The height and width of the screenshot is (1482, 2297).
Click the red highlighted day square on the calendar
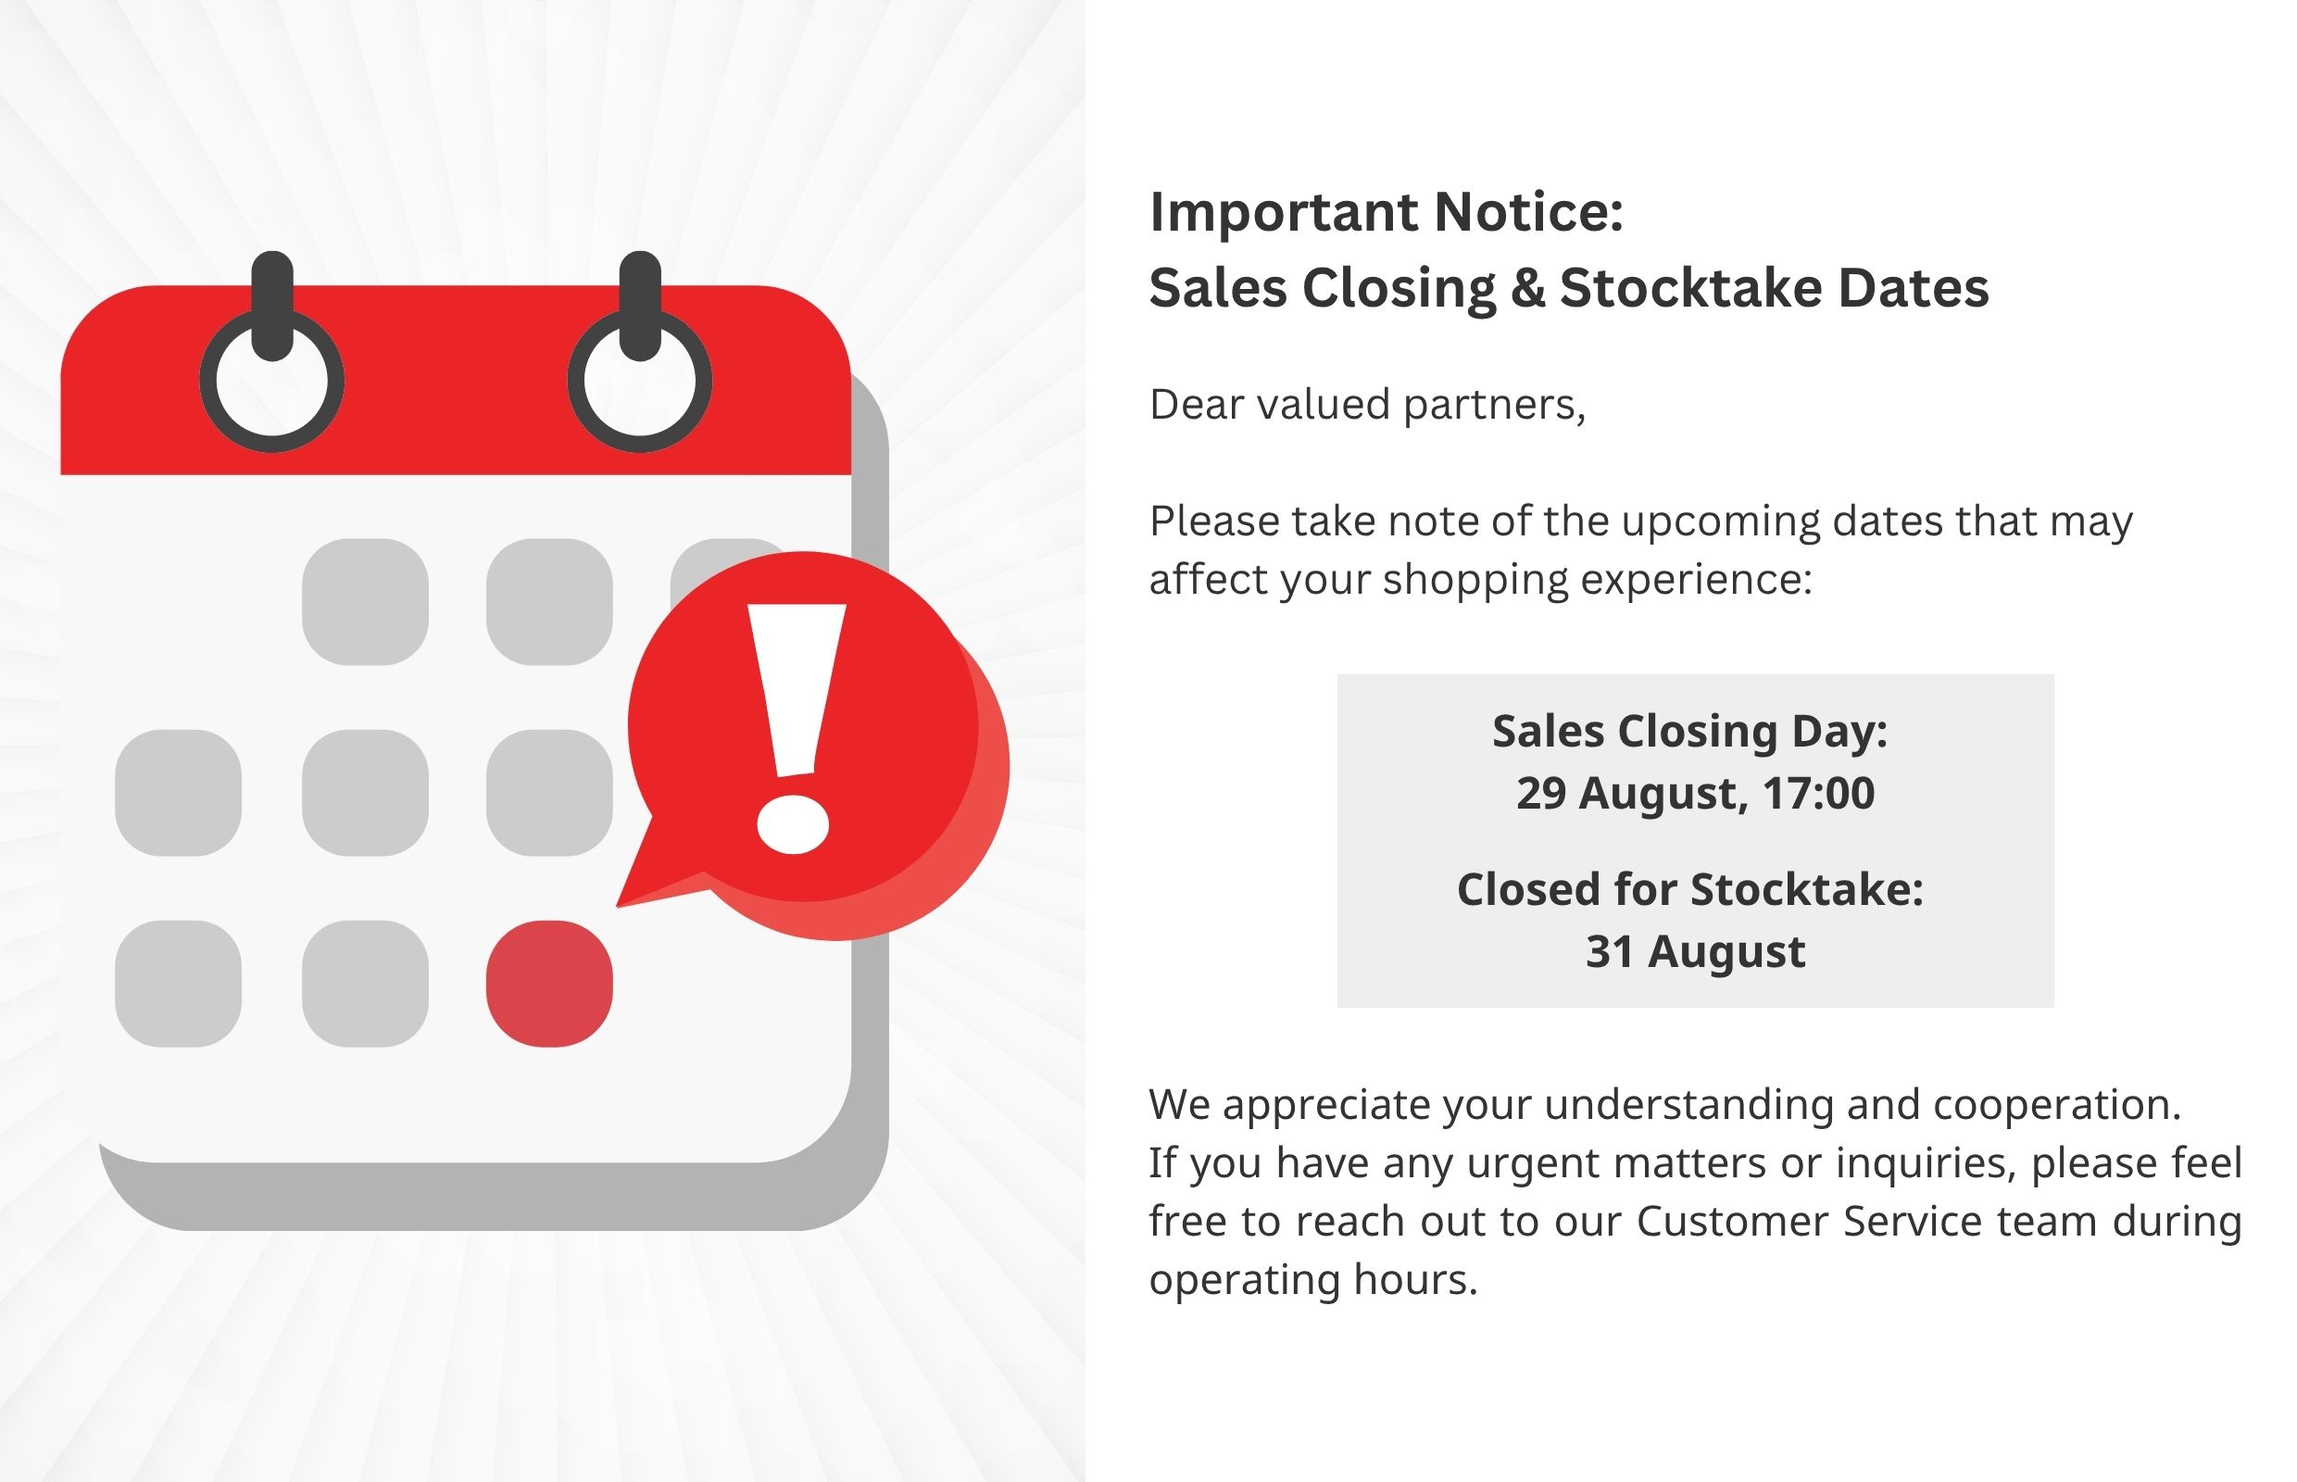coord(549,984)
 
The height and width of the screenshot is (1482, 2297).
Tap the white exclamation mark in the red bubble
coord(795,728)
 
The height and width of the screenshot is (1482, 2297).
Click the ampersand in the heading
coord(1528,288)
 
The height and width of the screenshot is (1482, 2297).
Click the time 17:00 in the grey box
coord(1819,793)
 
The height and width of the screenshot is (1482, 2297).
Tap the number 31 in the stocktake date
coord(1610,950)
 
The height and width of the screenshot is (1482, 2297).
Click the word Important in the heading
coord(1284,213)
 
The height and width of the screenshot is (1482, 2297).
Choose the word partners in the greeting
coord(1495,405)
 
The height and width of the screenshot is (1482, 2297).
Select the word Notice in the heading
coord(1529,212)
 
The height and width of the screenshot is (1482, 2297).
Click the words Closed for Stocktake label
coord(1690,888)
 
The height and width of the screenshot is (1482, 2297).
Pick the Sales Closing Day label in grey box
coord(1689,732)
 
